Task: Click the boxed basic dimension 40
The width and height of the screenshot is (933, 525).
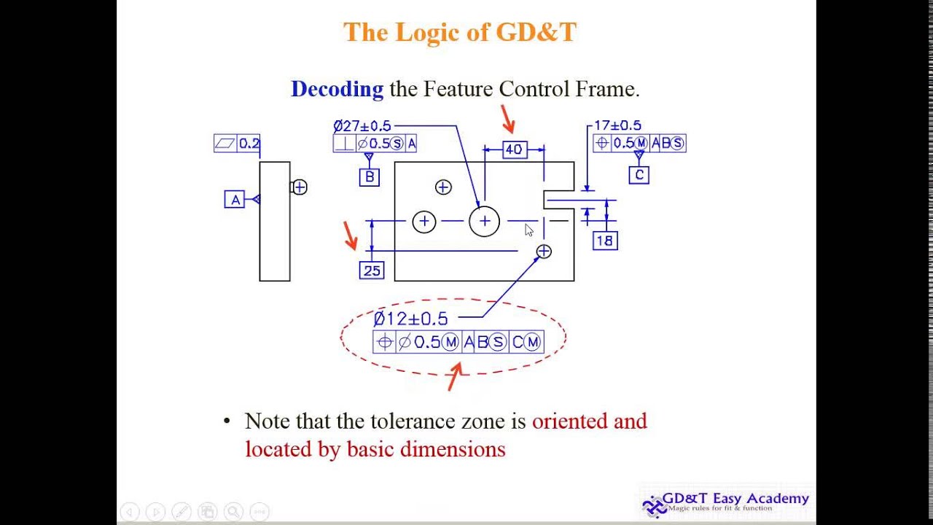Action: click(x=514, y=149)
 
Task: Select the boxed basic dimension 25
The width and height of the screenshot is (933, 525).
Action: click(x=372, y=271)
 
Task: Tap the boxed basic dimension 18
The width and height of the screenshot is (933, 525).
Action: click(x=605, y=241)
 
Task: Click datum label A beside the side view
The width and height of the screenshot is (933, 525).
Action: click(x=234, y=200)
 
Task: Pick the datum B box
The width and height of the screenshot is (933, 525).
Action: click(x=370, y=177)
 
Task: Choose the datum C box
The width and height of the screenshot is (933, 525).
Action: click(x=639, y=175)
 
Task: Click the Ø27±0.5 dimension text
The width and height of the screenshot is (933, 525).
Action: click(x=362, y=126)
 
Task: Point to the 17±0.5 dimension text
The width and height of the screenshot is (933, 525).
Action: click(x=617, y=125)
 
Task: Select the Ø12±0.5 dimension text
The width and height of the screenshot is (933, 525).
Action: click(x=410, y=319)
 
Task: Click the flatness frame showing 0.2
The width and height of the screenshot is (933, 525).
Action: click(x=237, y=143)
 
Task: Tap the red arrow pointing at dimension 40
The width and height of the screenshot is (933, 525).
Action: click(x=508, y=119)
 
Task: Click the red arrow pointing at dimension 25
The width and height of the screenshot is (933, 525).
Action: click(x=351, y=236)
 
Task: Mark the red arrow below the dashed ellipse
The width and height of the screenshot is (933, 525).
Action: click(x=456, y=376)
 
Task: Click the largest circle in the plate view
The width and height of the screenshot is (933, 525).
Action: click(x=485, y=221)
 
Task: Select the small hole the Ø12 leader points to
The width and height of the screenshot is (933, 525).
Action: click(x=544, y=252)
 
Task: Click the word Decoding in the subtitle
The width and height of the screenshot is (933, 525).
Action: click(x=337, y=89)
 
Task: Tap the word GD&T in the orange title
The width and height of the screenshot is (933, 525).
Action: click(x=536, y=32)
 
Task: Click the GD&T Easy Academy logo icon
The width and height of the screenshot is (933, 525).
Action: click(x=654, y=505)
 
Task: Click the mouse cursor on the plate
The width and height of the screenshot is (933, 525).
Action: click(x=528, y=230)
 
